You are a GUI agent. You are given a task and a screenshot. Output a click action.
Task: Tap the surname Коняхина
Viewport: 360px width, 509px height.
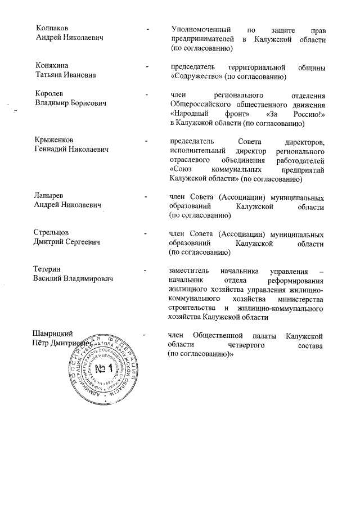coord(51,66)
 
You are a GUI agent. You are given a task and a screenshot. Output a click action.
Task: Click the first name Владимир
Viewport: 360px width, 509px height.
coord(52,103)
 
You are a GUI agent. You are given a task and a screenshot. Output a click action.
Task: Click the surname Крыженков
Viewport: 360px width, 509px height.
coord(54,139)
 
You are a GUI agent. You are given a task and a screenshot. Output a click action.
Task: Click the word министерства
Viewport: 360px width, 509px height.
coord(299,299)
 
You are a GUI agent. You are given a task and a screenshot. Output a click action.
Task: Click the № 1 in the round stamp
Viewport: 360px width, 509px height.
coord(103,369)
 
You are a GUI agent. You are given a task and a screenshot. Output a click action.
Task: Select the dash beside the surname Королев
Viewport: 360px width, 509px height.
coord(147,94)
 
